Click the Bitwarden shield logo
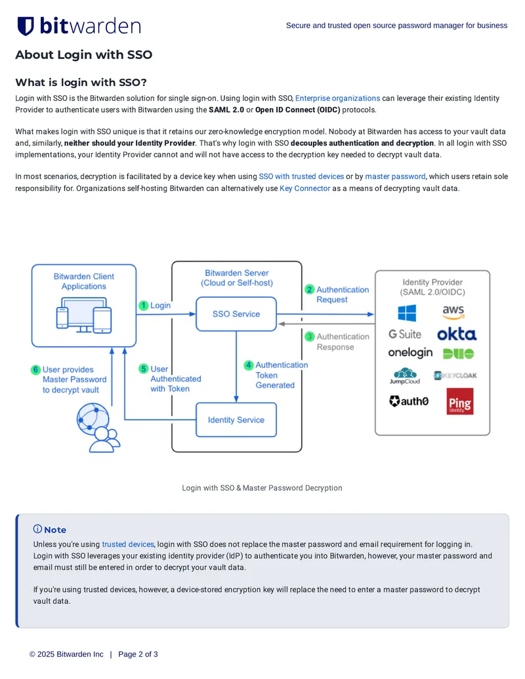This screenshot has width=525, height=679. coord(26,26)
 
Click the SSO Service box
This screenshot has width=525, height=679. coord(236,314)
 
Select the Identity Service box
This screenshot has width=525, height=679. coord(236,420)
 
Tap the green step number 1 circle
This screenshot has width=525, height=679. coord(143,305)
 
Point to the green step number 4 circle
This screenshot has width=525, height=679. coord(249,365)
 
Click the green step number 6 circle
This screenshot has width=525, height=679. coord(35,370)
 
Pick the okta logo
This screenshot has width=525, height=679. coord(457,334)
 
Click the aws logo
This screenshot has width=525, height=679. coord(453,312)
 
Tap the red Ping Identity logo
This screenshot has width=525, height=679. coord(459,401)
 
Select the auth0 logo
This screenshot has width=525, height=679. coord(409,401)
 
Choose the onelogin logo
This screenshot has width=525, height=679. coord(410,353)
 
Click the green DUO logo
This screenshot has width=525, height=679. coord(458,354)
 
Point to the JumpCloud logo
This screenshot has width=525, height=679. coord(405,376)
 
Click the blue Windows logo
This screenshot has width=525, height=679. coord(407,313)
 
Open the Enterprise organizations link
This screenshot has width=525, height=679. coord(337,98)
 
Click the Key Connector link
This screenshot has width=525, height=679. coord(305,188)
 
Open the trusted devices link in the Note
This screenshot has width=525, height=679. coord(128,545)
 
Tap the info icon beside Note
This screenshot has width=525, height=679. coord(37,529)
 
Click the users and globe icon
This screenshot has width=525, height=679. coord(98,428)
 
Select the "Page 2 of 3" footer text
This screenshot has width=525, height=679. coord(138,654)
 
